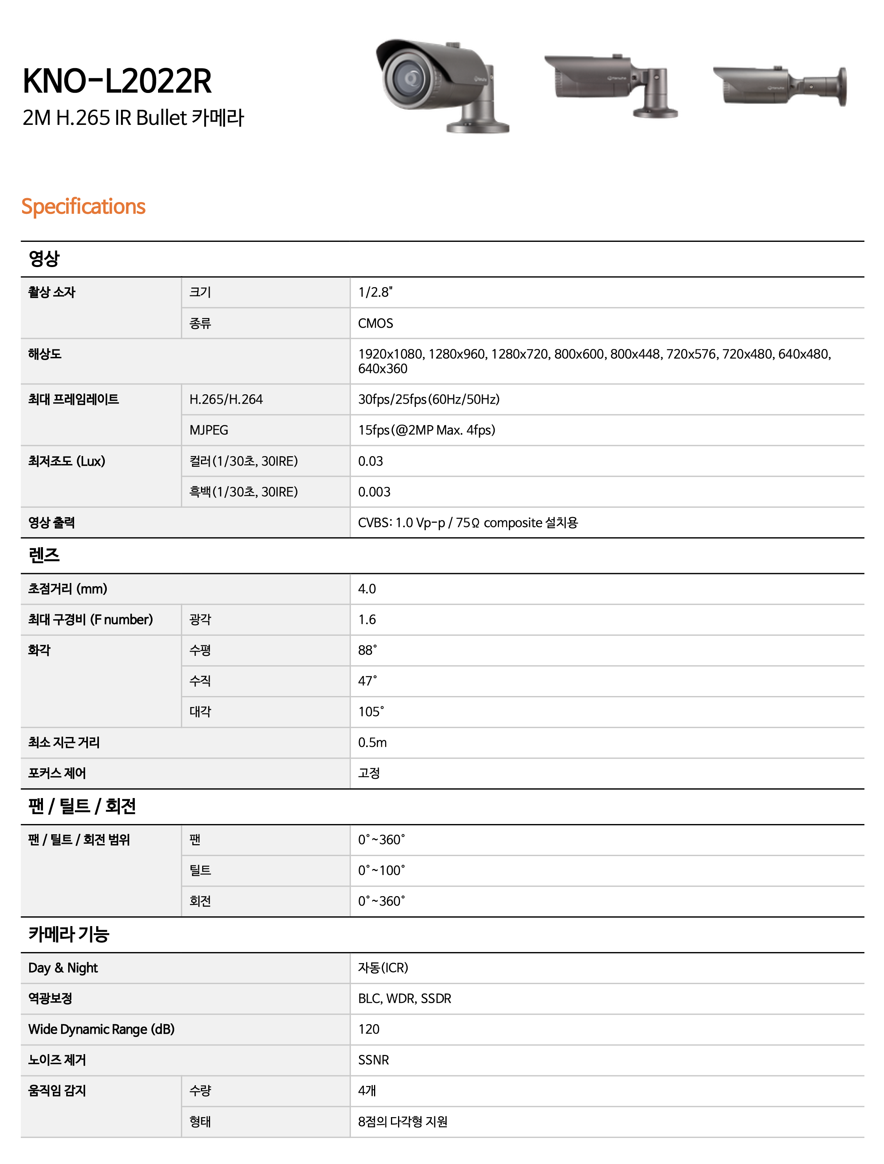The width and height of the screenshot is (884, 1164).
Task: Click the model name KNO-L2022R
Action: click(x=117, y=81)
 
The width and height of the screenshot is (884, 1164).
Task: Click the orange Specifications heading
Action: click(x=83, y=206)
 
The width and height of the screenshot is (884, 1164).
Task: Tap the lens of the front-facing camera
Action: click(x=411, y=79)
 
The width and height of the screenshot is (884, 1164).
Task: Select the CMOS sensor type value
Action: click(x=376, y=323)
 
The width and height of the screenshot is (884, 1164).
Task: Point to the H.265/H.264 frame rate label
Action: click(x=226, y=399)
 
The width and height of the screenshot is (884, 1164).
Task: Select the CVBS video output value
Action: click(x=467, y=523)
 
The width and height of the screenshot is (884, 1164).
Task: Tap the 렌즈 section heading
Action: click(x=44, y=555)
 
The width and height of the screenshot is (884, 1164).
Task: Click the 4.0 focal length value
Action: click(x=367, y=589)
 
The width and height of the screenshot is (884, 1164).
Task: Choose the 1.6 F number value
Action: click(x=367, y=619)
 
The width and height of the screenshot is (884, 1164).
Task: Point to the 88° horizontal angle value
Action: click(x=367, y=650)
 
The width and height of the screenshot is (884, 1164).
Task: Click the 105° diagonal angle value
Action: click(x=370, y=711)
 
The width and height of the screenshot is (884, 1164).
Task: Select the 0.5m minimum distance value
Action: click(x=372, y=743)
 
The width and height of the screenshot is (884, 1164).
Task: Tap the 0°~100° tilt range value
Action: click(x=381, y=871)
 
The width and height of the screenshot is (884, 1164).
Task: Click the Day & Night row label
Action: click(x=63, y=968)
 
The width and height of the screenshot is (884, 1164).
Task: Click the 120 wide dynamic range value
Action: click(x=368, y=1029)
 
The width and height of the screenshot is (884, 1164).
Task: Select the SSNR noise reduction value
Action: click(x=373, y=1060)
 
